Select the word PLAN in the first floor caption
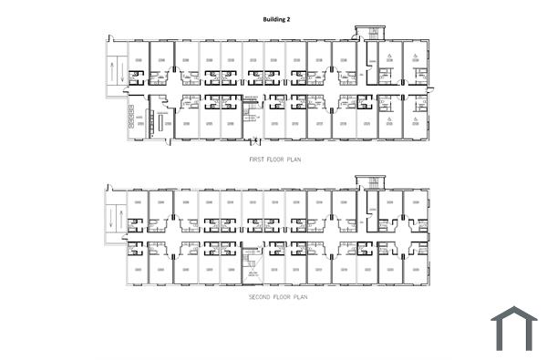[x=294, y=159]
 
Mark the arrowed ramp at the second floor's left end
[x=115, y=217]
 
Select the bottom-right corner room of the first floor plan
[x=416, y=118]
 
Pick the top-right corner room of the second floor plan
[x=416, y=209]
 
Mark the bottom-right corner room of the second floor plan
[x=416, y=267]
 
